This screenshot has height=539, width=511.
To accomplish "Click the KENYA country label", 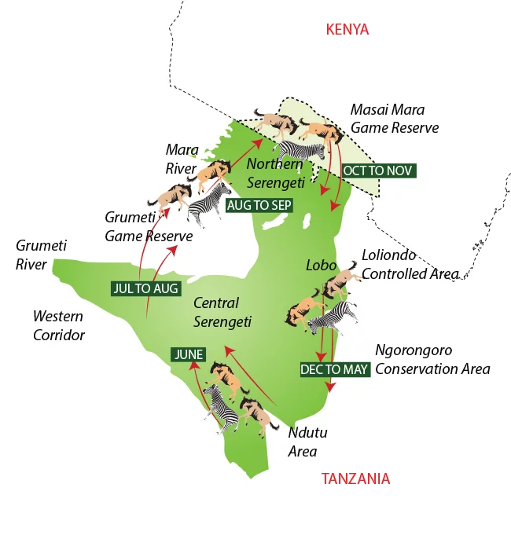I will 347,30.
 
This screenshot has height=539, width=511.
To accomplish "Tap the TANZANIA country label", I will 355,478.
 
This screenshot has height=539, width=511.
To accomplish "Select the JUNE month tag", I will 189,354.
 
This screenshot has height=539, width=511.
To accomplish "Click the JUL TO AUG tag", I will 145,288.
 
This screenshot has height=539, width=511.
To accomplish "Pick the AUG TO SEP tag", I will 259,205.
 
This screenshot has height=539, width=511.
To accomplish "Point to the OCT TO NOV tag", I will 377,170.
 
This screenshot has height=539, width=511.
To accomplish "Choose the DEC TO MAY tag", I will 334,368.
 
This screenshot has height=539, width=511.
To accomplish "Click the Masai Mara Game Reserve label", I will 394,118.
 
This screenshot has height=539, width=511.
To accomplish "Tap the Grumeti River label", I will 41,255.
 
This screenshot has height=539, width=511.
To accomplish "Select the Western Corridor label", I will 59,325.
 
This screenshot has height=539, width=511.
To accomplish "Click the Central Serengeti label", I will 222,312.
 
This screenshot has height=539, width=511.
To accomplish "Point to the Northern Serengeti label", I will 274,173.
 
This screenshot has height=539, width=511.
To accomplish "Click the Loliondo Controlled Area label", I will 409,265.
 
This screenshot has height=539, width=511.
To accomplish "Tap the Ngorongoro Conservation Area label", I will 432,359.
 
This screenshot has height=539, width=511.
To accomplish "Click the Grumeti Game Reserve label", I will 149,226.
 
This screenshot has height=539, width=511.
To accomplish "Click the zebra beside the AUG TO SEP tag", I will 208,205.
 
